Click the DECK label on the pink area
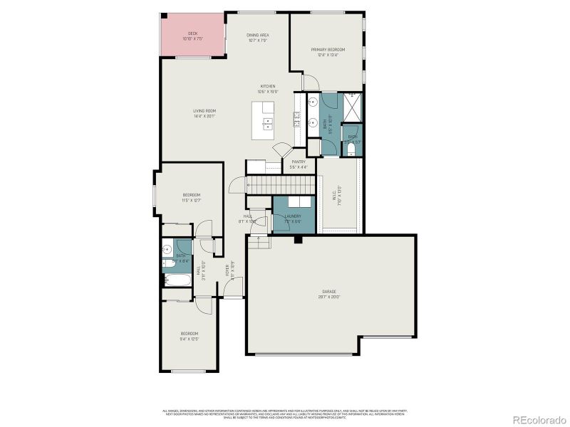(x=192, y=36)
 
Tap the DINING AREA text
(x=258, y=37)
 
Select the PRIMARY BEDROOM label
(x=328, y=51)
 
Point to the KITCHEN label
(x=267, y=88)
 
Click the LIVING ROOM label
(x=204, y=112)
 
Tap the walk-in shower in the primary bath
(x=353, y=107)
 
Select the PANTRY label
(x=299, y=164)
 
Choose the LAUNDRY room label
(x=293, y=218)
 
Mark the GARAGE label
(x=328, y=293)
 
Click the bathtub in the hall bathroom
(x=175, y=281)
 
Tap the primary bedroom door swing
(x=309, y=82)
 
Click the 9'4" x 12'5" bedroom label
(x=189, y=335)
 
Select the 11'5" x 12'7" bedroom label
(x=191, y=197)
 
